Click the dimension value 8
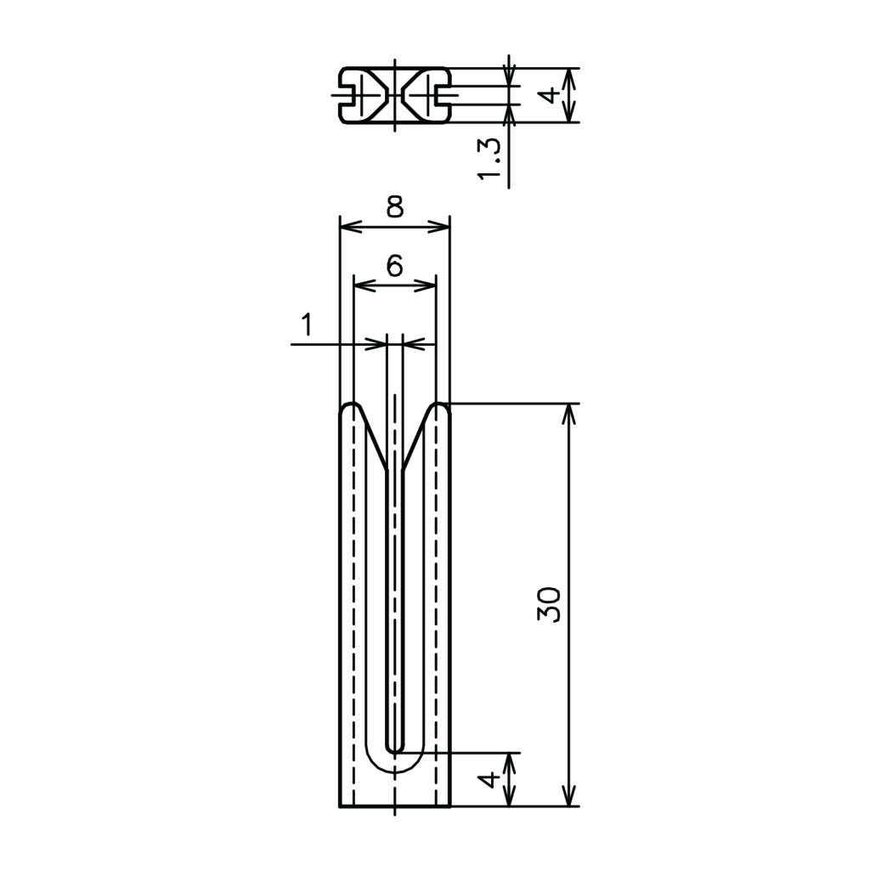(x=394, y=206)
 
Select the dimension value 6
(x=394, y=266)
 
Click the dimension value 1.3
(x=489, y=158)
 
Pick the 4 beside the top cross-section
(x=550, y=95)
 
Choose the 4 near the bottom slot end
(x=489, y=780)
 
